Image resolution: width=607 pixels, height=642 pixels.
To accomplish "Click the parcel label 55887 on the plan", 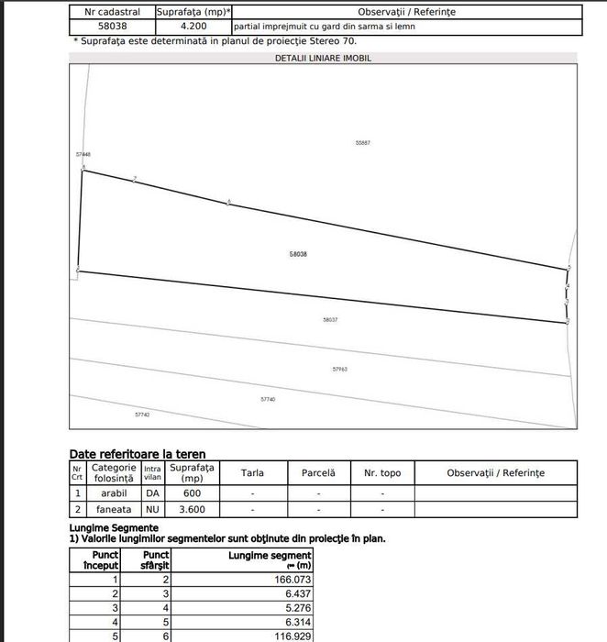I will coord(362,142).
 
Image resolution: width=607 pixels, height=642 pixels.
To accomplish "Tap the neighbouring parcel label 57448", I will coord(83,154).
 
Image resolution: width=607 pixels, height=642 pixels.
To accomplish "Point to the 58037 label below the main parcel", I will coord(331,319).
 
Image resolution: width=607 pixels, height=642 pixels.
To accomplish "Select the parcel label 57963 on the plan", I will coord(339,369).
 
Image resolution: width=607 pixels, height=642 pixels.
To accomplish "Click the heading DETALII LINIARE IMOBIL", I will coord(324,58).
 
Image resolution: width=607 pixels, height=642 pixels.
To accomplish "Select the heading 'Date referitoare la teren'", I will coord(138,453).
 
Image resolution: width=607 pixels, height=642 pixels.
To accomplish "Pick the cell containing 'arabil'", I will coord(114,493).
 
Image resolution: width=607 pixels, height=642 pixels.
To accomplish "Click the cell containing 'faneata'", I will coord(114,509).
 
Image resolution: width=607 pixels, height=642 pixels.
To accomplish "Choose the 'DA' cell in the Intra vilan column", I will coord(152,493).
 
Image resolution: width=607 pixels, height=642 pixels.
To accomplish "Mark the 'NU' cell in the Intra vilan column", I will coord(152,509).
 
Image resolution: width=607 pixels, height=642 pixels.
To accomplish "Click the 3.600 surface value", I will coord(193,509).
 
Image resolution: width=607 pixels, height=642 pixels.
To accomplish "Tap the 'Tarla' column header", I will coord(252,473).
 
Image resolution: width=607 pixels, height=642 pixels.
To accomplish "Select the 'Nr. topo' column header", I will coord(382,473).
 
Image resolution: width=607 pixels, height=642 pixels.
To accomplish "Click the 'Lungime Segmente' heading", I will coord(114,528).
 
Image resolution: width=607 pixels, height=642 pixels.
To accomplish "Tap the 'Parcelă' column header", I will coord(318,473).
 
